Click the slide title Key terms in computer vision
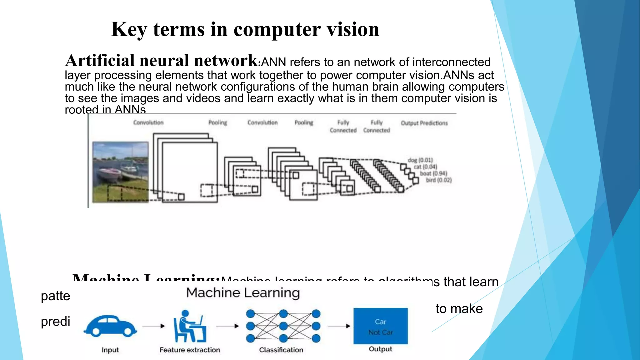245,30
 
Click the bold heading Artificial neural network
161,61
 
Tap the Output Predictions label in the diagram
424,123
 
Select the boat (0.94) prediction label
433,173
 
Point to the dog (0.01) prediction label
420,160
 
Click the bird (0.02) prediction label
439,180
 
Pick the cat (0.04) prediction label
425,167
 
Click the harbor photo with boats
120,172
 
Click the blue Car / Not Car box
380,326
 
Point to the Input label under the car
110,350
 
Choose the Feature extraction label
190,350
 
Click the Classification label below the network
281,350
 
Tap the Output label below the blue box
380,349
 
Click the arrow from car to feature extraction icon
153,326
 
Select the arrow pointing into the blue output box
339,326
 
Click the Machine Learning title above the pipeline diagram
243,293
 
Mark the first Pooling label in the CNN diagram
217,122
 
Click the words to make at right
459,309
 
